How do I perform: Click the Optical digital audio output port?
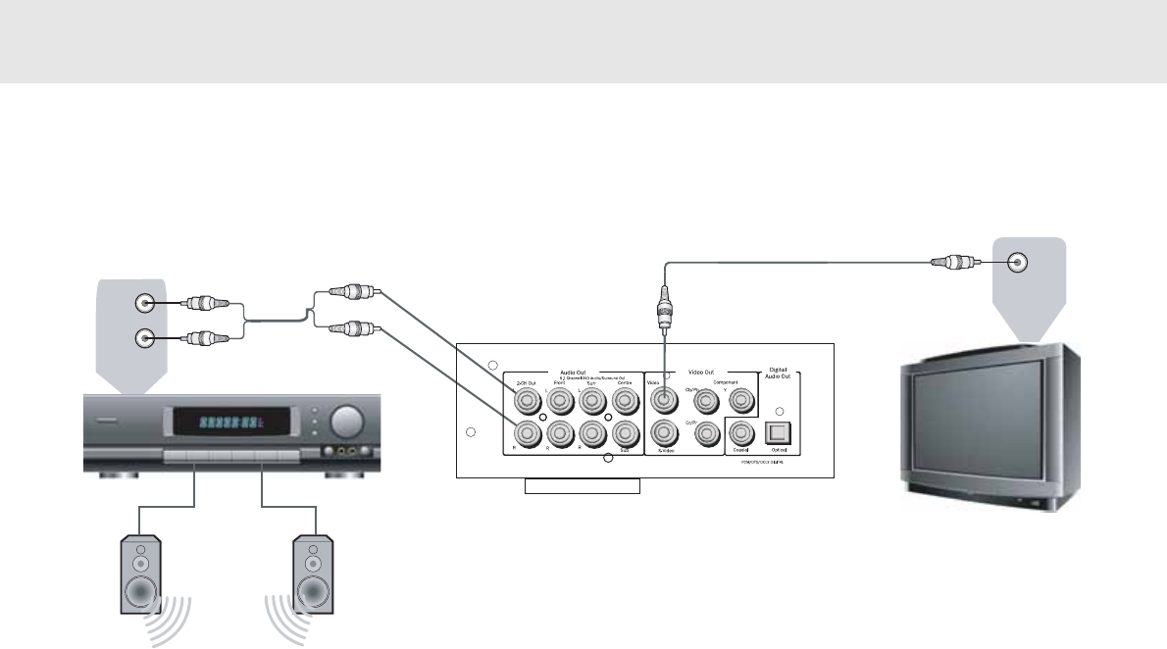click(780, 430)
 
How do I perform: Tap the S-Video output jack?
click(663, 431)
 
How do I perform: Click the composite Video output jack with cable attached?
click(663, 399)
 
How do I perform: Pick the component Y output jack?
click(742, 399)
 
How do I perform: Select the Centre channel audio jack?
click(624, 400)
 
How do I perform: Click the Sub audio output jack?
click(624, 432)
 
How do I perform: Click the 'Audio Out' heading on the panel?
click(572, 373)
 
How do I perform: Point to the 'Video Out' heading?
click(702, 373)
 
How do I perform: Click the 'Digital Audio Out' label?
click(780, 375)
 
